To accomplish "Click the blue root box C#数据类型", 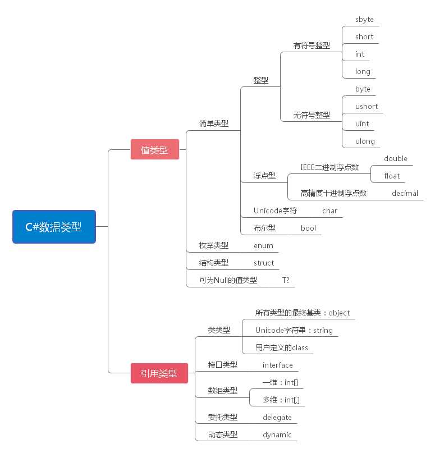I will click(54, 227).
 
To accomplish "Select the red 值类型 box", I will click(154, 149).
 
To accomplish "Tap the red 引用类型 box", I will click(159, 373).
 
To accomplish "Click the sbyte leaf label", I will click(364, 20).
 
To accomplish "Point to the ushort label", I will click(367, 106).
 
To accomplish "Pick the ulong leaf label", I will click(365, 141).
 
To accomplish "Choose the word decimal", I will click(405, 193).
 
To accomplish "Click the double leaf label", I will click(396, 158).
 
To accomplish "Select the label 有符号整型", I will click(312, 45).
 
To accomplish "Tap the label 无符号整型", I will click(312, 115).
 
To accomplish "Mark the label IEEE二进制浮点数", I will click(329, 167).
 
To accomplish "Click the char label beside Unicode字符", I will click(329, 211).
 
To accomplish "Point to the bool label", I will click(308, 228).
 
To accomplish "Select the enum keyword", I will click(263, 245).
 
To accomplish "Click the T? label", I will click(286, 280).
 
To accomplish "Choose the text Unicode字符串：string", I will click(294, 330).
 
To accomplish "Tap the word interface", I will click(278, 365).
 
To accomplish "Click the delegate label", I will click(277, 417).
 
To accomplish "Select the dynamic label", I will click(277, 434).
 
